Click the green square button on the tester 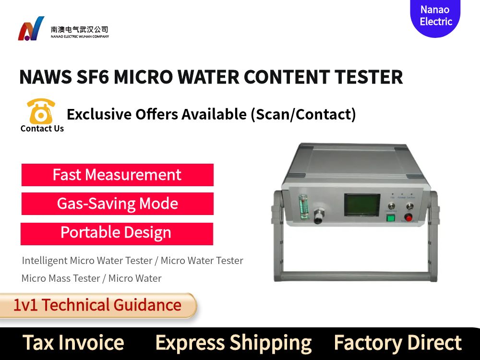tap(390, 217)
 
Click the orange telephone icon tap(41, 111)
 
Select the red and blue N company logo tap(31, 29)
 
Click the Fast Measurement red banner tap(117, 175)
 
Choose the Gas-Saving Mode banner tap(117, 204)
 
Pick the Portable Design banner tap(116, 233)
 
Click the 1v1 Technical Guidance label tap(97, 305)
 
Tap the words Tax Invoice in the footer tap(73, 343)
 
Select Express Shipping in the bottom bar tap(233, 343)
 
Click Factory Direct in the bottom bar tap(397, 343)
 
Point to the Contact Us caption tap(42, 129)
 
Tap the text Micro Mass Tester tap(61, 278)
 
